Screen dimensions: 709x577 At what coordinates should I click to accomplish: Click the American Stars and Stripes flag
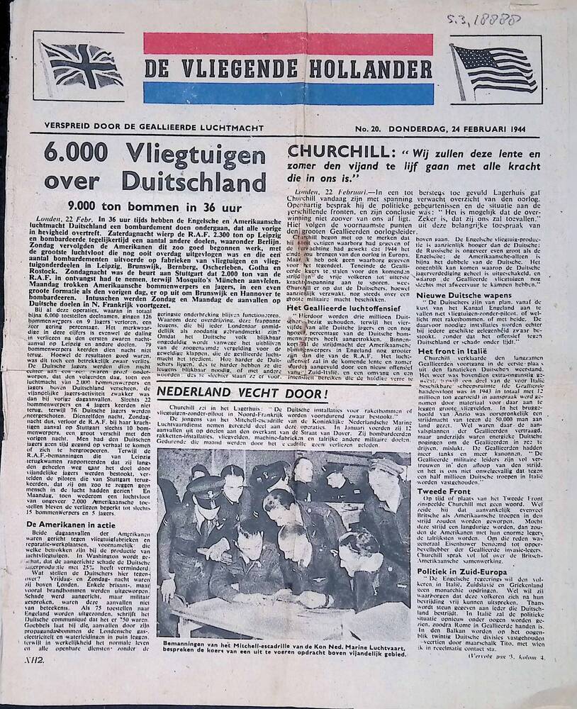pos(494,71)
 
